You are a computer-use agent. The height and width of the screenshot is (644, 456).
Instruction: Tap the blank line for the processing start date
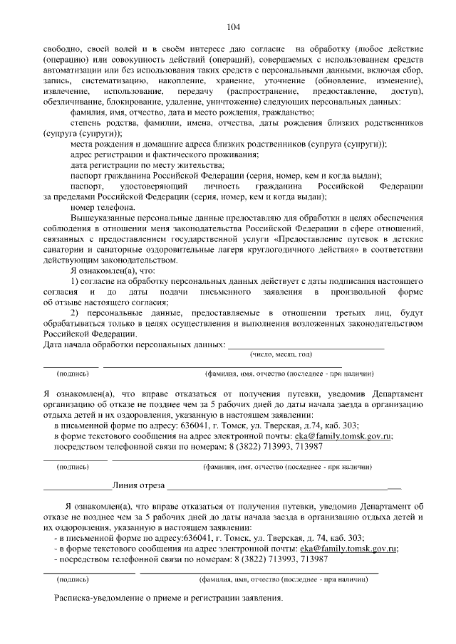pos(306,347)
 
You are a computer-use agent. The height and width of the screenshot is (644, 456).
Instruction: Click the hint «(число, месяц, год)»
pos(280,354)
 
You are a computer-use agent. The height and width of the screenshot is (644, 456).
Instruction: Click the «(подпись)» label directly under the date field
pos(73,373)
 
